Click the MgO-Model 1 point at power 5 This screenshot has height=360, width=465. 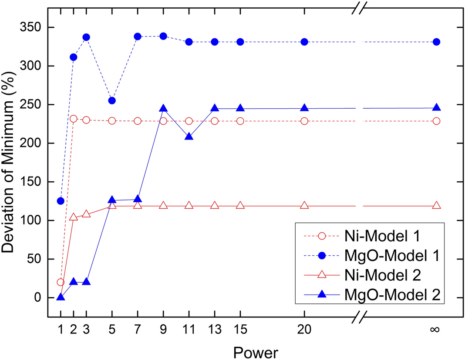pos(112,100)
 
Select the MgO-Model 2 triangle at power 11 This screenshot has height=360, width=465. pos(189,137)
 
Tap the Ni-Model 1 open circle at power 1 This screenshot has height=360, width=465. pos(61,282)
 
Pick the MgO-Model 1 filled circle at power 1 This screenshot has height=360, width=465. pos(61,201)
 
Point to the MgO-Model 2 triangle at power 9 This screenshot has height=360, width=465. pos(163,108)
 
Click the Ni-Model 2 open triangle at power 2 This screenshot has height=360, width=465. pos(74,217)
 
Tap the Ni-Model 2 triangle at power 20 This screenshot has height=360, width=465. pos(304,206)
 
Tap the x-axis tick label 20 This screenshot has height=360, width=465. pos(304,330)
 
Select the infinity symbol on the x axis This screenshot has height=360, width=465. pos(434,330)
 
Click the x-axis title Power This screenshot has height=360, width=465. pos(255,352)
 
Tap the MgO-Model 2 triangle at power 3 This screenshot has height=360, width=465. pos(86,282)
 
